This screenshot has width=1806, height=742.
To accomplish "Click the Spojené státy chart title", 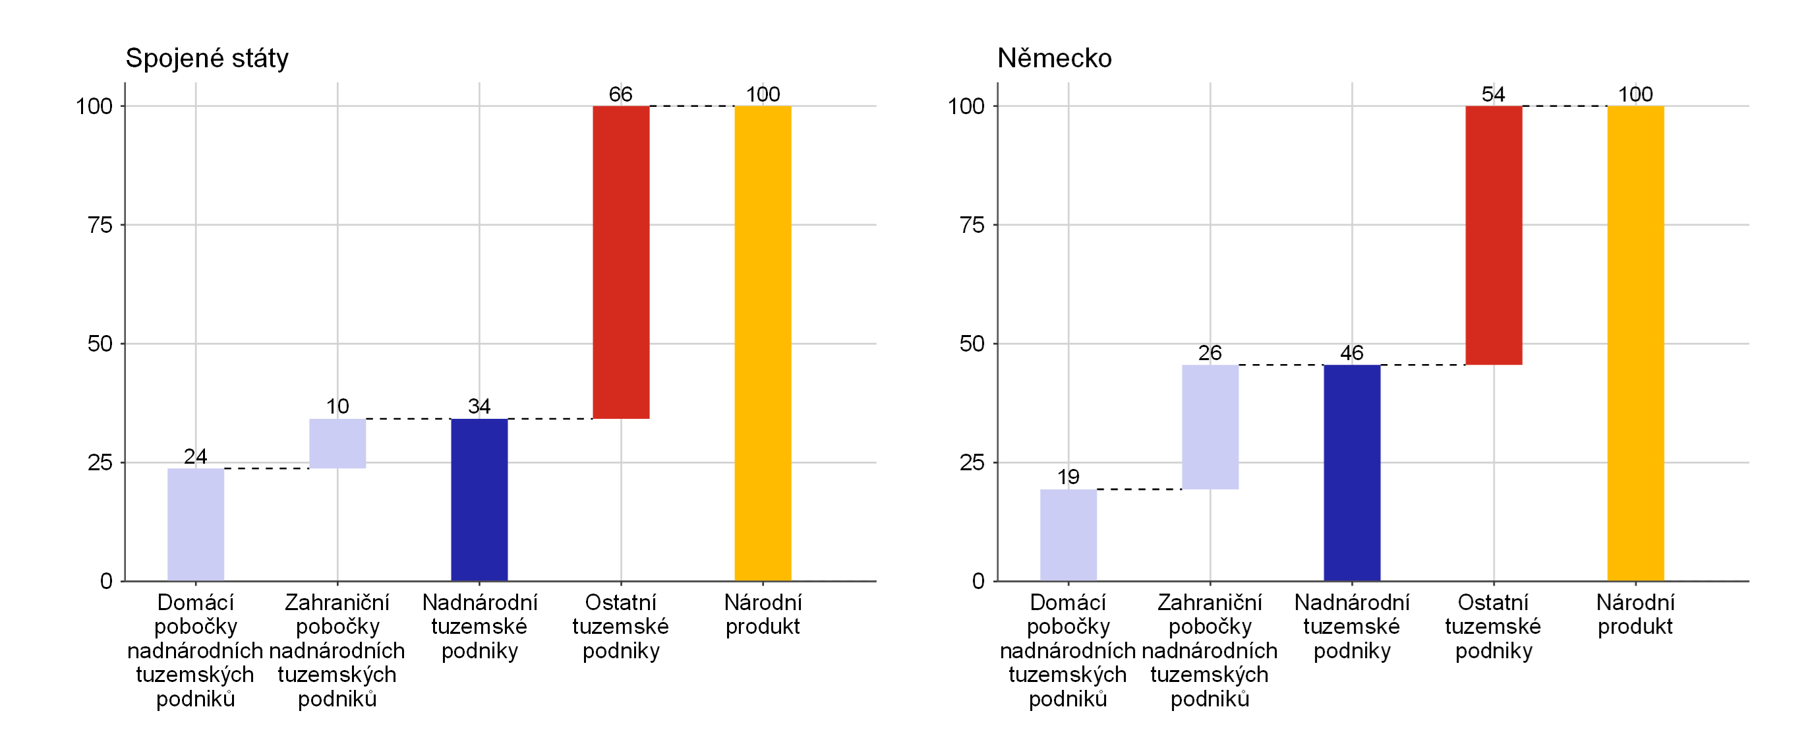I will pos(207,58).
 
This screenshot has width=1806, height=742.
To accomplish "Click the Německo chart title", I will pos(1055,58).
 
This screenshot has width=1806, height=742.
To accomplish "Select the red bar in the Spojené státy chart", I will pos(621,263).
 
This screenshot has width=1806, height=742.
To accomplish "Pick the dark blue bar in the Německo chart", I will pos(1352,473).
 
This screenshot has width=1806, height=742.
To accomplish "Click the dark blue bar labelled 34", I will pos(479,499).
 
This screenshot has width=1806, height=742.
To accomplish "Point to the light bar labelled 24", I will pos(196,524).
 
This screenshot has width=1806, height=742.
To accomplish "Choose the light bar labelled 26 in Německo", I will pos(1210,427).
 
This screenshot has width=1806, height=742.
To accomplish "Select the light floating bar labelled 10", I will pos(337,443).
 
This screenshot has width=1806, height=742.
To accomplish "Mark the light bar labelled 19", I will pos(1068,535).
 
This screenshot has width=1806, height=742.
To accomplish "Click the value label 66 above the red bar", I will pos(620,94).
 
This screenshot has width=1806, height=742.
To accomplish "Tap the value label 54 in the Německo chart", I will pos(1494,94).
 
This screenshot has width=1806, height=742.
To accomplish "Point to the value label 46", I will pos(1352,353).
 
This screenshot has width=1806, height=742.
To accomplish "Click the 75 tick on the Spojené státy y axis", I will pos(100,225).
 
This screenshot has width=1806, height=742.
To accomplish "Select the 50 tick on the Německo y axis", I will pos(972,344).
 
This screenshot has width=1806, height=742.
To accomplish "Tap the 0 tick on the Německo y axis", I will pos(978,580).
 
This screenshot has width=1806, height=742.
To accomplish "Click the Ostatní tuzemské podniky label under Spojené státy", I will pos(620,627).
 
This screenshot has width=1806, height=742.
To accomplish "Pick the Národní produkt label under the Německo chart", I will pos(1635,614).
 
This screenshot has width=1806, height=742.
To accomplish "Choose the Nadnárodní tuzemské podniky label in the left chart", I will pos(480,627).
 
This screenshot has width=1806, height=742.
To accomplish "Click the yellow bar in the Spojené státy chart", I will pos(763,344).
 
